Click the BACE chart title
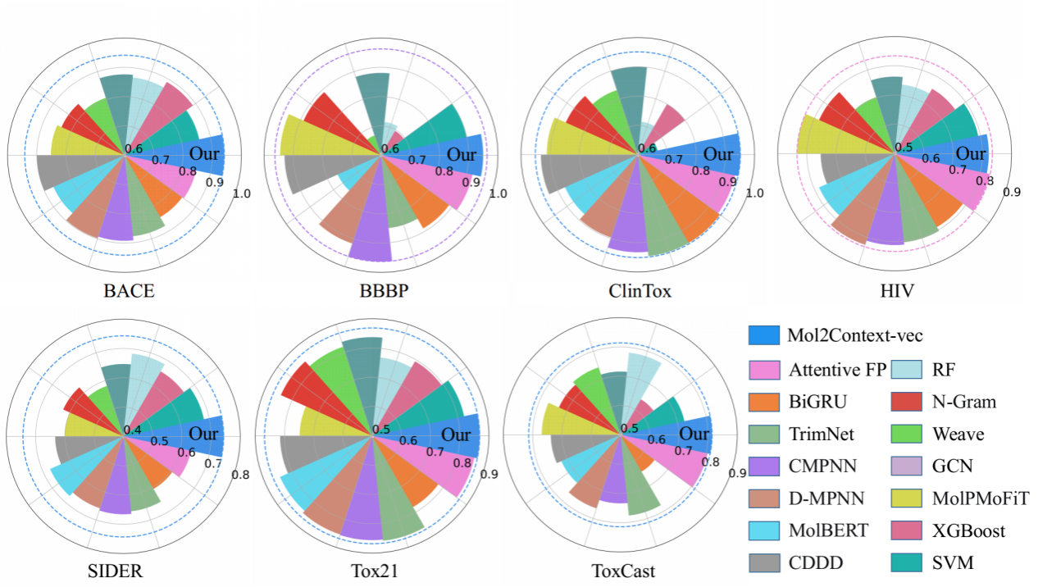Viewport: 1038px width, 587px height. (130, 291)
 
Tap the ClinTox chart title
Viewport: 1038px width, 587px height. (640, 291)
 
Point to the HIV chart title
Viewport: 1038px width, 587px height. (899, 291)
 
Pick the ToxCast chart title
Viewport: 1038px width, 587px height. (623, 571)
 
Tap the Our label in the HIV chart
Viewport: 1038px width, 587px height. (972, 153)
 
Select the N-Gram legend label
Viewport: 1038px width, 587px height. (963, 402)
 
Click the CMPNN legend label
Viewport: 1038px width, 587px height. (823, 466)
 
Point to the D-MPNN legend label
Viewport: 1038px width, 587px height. (827, 498)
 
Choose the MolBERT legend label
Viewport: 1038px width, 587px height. (828, 530)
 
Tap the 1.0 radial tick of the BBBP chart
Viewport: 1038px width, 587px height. (498, 194)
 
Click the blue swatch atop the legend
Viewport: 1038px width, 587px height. (764, 334)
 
